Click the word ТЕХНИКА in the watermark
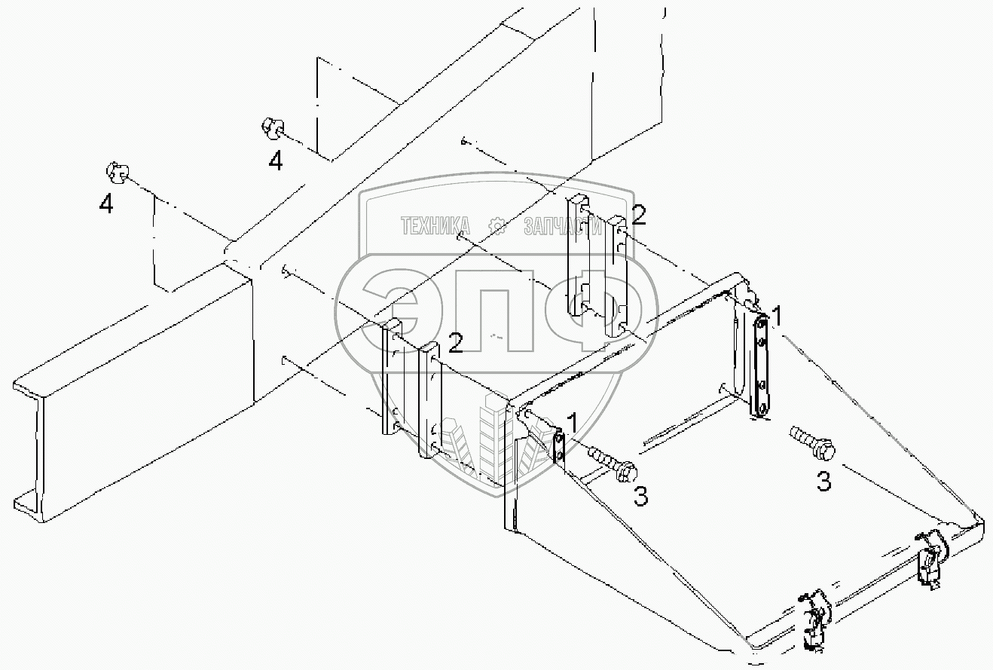point(435,225)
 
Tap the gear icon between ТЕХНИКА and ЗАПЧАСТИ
point(497,225)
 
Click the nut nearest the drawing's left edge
point(115,173)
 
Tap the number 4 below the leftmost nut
point(107,203)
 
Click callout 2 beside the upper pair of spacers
point(639,216)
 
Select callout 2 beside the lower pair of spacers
point(455,344)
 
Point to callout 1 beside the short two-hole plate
point(573,424)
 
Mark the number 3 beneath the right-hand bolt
point(824,481)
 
